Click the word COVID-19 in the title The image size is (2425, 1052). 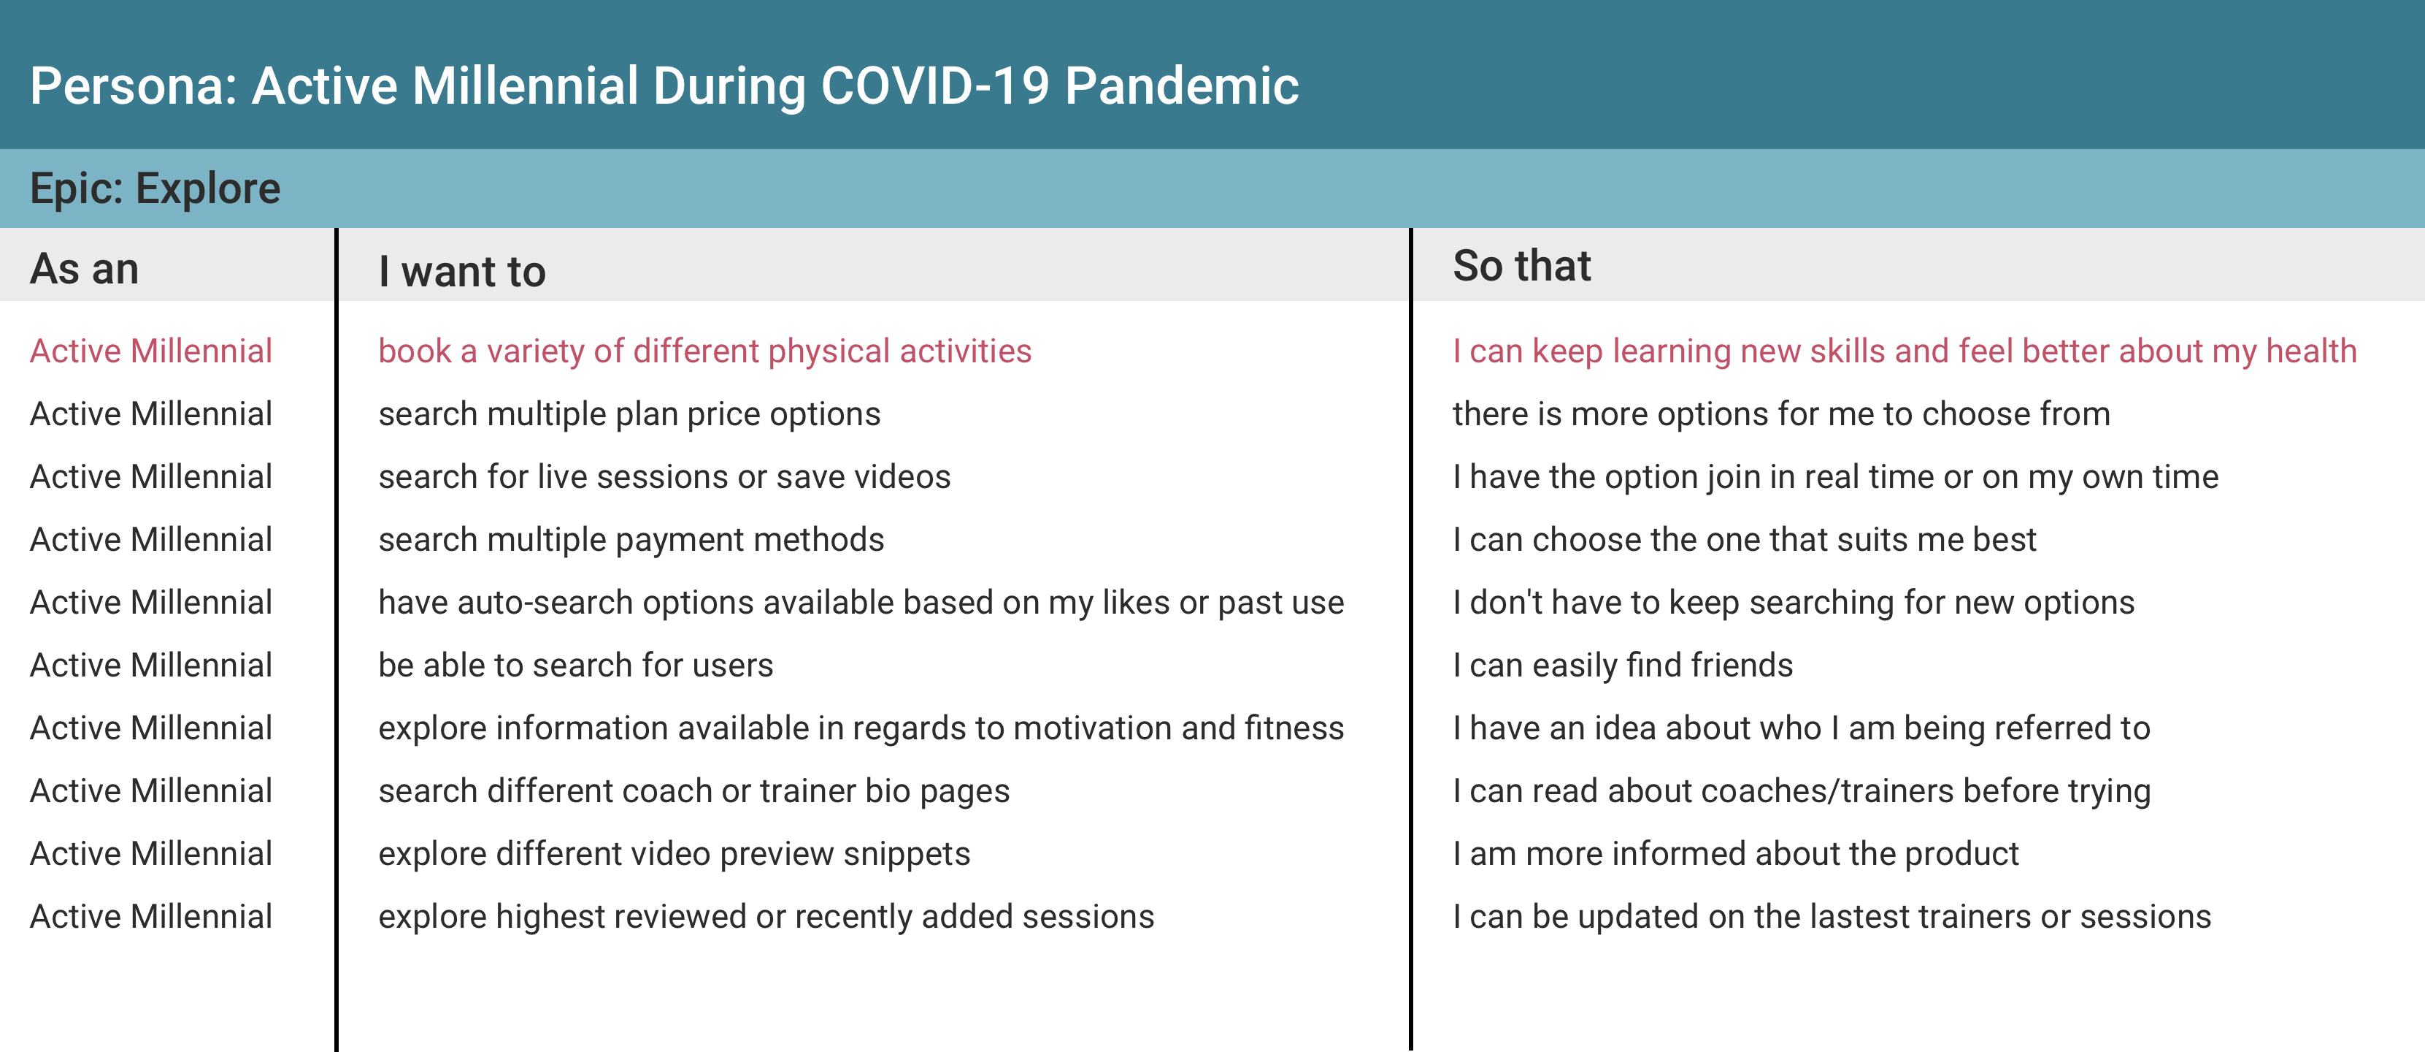click(x=935, y=85)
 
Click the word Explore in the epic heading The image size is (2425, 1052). click(x=208, y=188)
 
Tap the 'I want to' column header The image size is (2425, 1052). click(x=462, y=271)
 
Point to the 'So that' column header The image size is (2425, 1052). click(x=1521, y=266)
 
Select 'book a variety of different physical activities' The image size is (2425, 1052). click(x=705, y=351)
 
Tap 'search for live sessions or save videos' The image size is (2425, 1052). click(x=664, y=476)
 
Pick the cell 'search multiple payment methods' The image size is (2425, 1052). click(x=631, y=540)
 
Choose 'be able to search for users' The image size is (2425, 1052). click(x=576, y=665)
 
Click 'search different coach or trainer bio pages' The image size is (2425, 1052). click(x=693, y=791)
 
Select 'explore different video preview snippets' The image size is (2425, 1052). click(x=674, y=854)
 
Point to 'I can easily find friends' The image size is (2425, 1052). click(x=1623, y=665)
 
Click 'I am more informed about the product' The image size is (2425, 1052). click(x=1736, y=854)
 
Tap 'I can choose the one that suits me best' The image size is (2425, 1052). click(x=1745, y=540)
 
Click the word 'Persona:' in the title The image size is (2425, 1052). click(x=134, y=85)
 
